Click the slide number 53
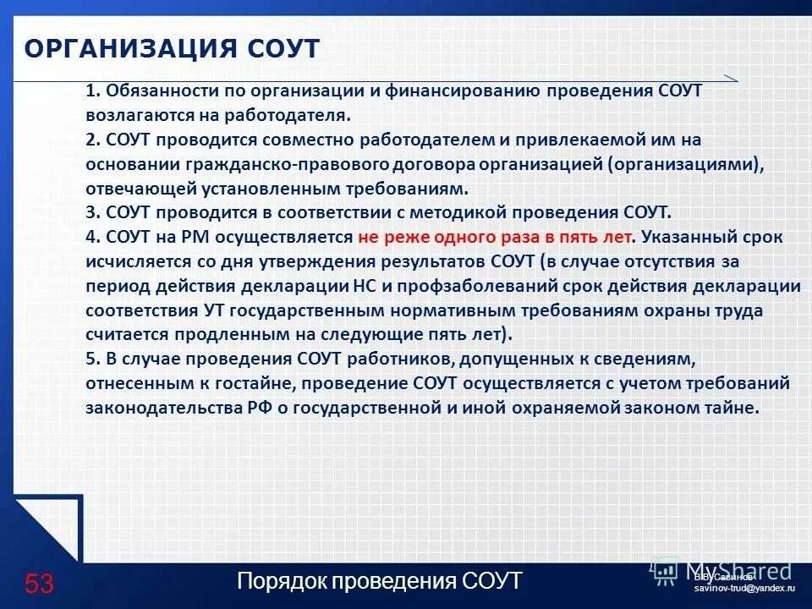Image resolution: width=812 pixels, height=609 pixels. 39,584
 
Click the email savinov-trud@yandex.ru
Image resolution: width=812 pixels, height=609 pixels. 745,586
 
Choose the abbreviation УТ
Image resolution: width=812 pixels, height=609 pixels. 213,310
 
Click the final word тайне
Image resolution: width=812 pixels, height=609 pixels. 732,409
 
